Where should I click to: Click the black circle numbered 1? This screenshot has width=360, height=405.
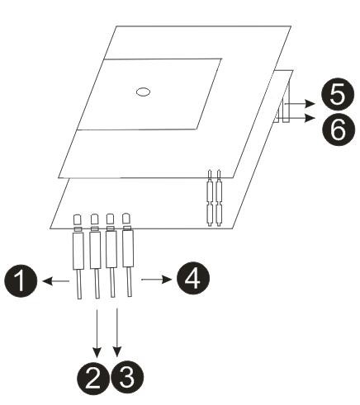pos(21,280)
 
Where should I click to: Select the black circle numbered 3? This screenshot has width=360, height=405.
pos(127,376)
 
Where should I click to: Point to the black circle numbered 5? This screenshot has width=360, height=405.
pos(338,94)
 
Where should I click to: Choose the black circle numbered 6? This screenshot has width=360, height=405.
pos(339,128)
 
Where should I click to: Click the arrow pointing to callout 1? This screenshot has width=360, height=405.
pos(56,281)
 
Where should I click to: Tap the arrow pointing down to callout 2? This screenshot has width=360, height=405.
pos(97,333)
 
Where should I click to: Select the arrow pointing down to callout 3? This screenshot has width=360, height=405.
pos(117,332)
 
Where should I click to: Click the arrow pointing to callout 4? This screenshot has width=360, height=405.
pos(157,280)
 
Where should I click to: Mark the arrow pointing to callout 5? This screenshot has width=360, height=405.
pos(300,104)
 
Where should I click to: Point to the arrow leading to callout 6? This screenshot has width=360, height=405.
pos(300,118)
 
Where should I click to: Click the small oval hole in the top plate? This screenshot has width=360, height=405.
pos(143,92)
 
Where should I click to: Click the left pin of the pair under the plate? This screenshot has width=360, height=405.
pos(211,198)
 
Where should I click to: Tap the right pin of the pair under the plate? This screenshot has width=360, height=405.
pos(219,198)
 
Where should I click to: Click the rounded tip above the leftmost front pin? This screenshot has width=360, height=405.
pos(78,219)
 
